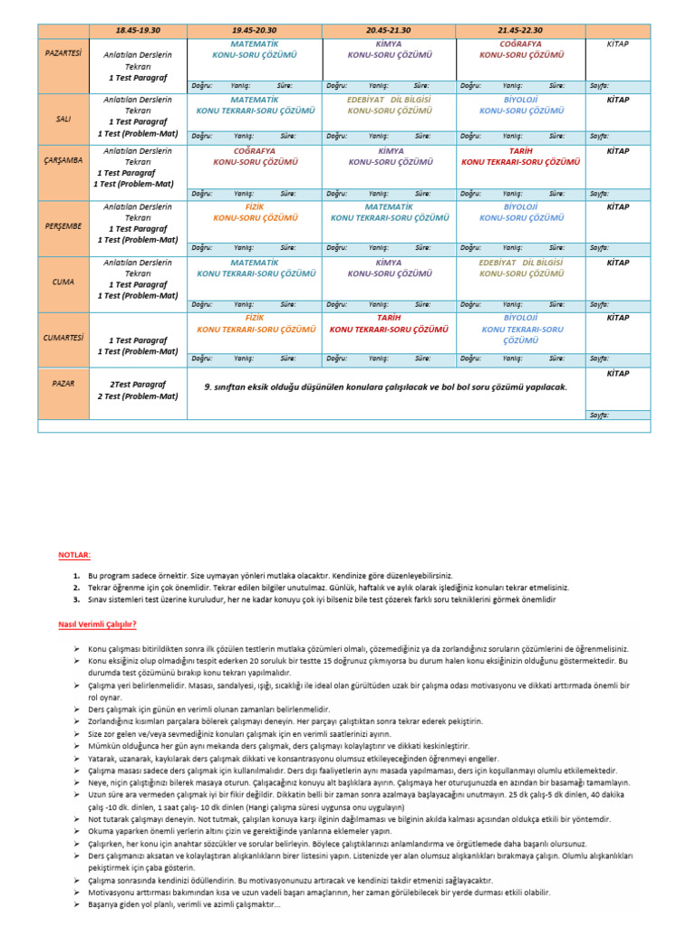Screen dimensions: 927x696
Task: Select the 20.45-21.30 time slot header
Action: [x=389, y=30]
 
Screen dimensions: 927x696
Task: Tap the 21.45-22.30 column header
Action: [x=521, y=30]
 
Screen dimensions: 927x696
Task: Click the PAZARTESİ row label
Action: [x=63, y=53]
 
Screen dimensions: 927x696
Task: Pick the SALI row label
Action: [x=63, y=119]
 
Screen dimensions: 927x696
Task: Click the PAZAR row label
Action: [x=63, y=383]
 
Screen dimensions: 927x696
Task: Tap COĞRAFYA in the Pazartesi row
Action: [x=521, y=43]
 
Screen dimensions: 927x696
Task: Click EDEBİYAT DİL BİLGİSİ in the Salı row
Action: [x=389, y=99]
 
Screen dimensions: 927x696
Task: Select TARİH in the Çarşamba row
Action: [x=521, y=151]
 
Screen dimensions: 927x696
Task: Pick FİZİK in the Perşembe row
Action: [x=254, y=206]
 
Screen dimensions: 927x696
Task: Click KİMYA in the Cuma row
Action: [x=389, y=262]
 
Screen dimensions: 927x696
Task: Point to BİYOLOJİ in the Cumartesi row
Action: [x=521, y=318]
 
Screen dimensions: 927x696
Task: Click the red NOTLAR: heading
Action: [x=75, y=553]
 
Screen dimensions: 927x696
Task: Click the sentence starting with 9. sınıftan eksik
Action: [x=385, y=387]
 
